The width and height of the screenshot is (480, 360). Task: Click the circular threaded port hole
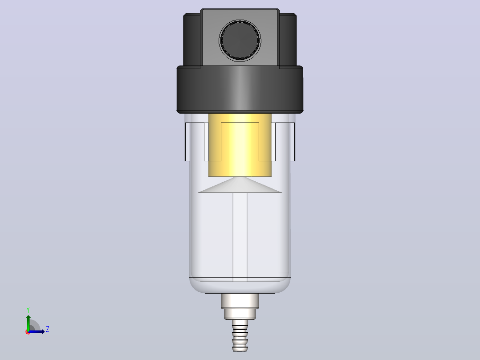(x=240, y=41)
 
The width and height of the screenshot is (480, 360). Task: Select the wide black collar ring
(x=240, y=90)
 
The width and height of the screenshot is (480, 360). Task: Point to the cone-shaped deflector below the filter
(x=240, y=185)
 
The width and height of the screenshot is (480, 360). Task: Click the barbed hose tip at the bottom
(x=240, y=335)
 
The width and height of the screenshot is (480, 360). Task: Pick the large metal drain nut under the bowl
(x=240, y=301)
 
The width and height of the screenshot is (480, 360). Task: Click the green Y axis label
(x=28, y=310)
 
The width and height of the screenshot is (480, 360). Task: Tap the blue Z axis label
(x=48, y=329)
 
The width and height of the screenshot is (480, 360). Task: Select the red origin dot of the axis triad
(x=28, y=332)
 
